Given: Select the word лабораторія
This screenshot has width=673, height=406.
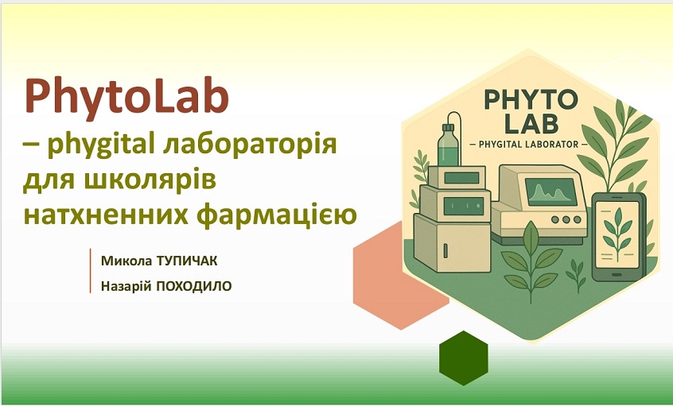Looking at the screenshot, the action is pyautogui.click(x=250, y=145).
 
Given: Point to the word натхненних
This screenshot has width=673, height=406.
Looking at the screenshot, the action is pyautogui.click(x=106, y=215).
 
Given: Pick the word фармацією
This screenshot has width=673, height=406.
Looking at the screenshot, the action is pyautogui.click(x=276, y=214).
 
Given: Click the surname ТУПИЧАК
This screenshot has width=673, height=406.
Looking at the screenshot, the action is pyautogui.click(x=187, y=261).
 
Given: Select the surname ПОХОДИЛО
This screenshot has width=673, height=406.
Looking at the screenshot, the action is pyautogui.click(x=193, y=286).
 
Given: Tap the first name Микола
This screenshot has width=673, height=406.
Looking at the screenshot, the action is pyautogui.click(x=126, y=261).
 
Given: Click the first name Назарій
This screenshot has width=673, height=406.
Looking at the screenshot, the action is pyautogui.click(x=126, y=286).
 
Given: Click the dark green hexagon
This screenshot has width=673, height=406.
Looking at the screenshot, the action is pyautogui.click(x=464, y=358).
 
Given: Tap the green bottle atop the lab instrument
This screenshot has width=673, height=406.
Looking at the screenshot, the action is pyautogui.click(x=449, y=145).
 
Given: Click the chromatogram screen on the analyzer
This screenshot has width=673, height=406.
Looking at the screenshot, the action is pyautogui.click(x=551, y=191).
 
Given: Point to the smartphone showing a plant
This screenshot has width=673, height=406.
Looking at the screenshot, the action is pyautogui.click(x=618, y=236).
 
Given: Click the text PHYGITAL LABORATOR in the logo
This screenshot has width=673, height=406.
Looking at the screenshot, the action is pyautogui.click(x=529, y=144).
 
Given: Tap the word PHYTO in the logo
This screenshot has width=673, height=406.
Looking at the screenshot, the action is pyautogui.click(x=531, y=99).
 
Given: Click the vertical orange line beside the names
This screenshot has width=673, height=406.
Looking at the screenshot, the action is pyautogui.click(x=91, y=271).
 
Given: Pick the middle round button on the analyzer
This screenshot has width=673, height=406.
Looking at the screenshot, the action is pyautogui.click(x=566, y=219).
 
